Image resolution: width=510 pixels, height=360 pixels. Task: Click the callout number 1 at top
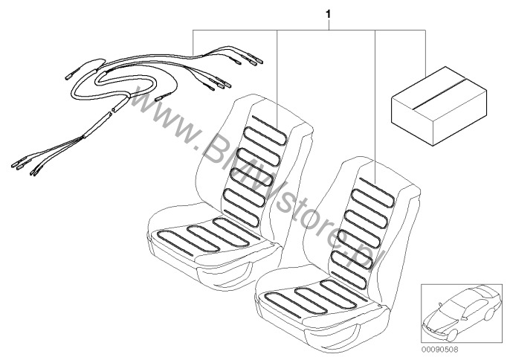(328, 14)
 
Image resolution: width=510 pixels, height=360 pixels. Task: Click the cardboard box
(439, 106)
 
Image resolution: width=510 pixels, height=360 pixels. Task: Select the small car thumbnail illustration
(462, 313)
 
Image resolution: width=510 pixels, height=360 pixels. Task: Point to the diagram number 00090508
(440, 350)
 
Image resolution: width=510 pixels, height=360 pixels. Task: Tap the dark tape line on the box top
(439, 92)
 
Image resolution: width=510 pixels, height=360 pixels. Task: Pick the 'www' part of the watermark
(162, 117)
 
